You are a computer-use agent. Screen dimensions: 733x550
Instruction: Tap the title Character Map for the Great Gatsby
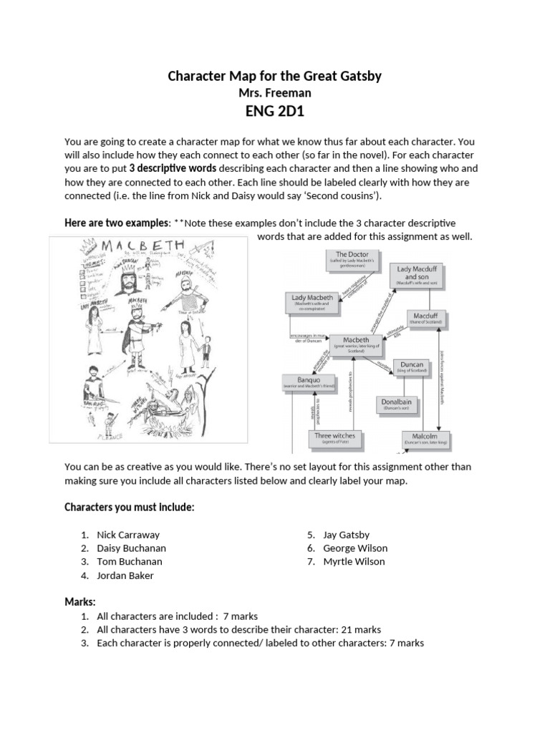274,75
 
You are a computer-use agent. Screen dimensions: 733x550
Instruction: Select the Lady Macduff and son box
421,276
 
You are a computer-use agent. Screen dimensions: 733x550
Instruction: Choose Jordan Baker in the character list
125,576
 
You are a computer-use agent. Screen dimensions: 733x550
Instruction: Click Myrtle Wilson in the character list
354,562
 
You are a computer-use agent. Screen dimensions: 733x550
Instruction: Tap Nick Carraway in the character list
128,535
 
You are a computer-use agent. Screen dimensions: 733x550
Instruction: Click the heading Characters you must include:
129,508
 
